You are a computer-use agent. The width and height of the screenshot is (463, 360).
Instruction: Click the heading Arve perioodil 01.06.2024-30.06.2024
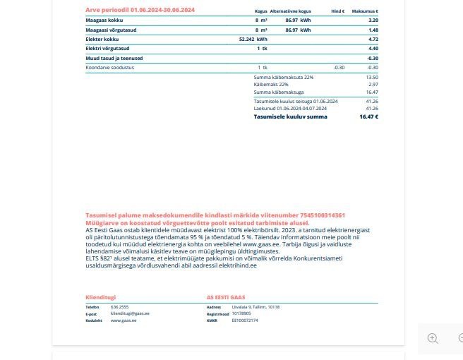click(x=140, y=10)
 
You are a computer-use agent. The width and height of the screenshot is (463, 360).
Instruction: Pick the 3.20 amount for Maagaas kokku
click(x=373, y=20)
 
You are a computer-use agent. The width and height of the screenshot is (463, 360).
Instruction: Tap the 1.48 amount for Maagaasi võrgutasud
click(x=373, y=30)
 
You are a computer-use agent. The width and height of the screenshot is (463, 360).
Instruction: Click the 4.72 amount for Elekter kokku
click(x=373, y=40)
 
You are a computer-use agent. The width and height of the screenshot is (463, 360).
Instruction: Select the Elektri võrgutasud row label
click(x=105, y=49)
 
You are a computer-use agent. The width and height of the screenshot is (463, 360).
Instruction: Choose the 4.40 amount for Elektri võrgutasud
click(x=373, y=49)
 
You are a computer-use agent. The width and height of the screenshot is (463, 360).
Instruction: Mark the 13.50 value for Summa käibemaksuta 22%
click(x=372, y=77)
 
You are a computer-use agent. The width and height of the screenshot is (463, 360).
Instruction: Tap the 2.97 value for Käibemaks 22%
click(x=373, y=85)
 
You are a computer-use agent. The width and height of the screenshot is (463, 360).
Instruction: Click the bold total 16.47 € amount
click(x=368, y=116)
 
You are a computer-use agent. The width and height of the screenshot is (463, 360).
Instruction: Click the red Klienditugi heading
click(x=100, y=297)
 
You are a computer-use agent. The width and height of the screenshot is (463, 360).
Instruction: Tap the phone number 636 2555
click(x=119, y=307)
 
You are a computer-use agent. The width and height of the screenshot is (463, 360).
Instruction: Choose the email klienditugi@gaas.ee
click(x=130, y=313)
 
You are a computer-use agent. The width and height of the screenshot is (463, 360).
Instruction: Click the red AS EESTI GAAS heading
click(x=225, y=297)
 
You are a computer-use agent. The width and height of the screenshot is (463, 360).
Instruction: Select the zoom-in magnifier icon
click(x=433, y=338)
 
